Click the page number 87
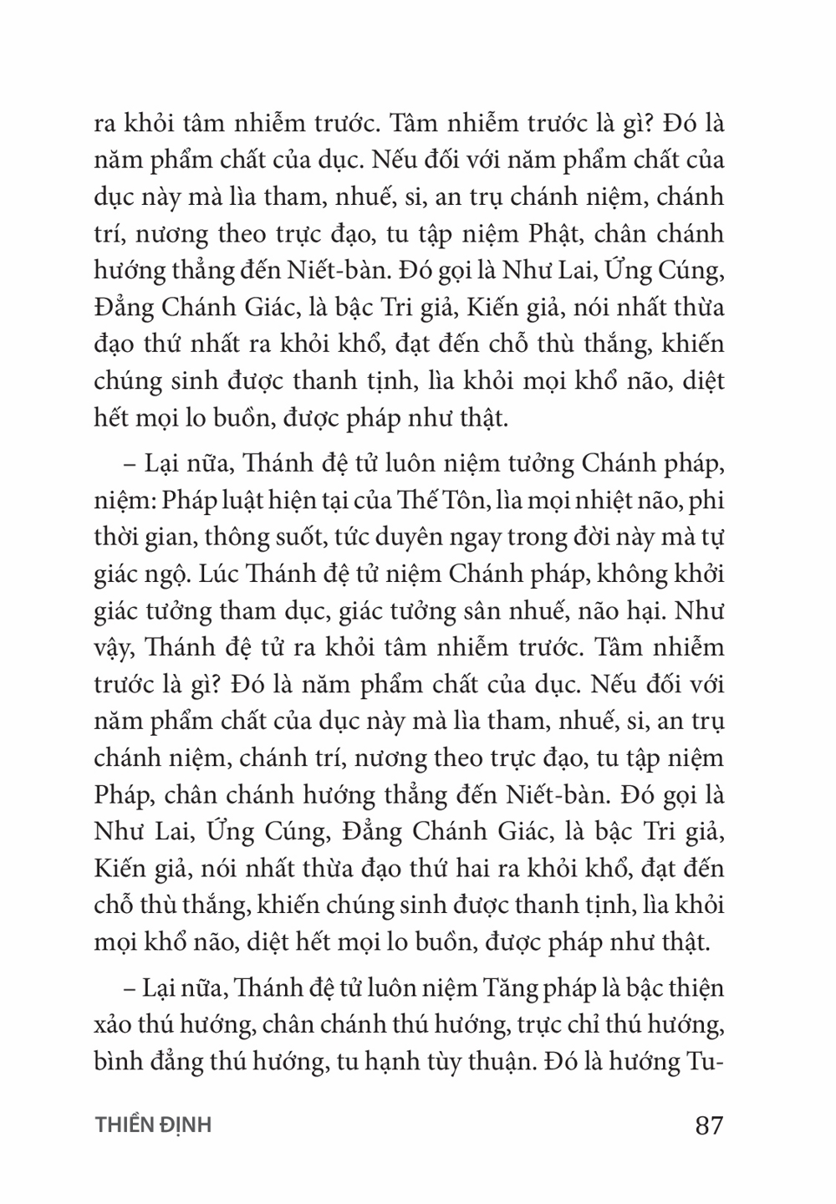pyautogui.click(x=708, y=1125)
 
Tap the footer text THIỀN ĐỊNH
pyautogui.click(x=153, y=1125)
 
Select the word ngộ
pyautogui.click(x=164, y=574)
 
